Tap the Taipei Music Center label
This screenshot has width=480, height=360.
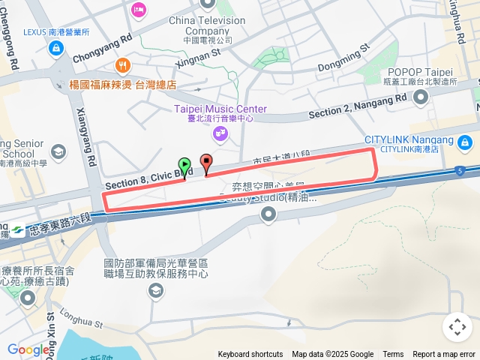[x=220, y=109]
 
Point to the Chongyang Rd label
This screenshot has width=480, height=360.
[x=103, y=46]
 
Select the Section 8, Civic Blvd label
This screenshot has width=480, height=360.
[x=144, y=180]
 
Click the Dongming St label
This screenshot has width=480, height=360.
[x=344, y=58]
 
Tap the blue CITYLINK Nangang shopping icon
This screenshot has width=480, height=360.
[x=465, y=141]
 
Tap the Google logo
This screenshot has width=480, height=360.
[x=28, y=349]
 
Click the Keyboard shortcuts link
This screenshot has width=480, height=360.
[x=250, y=355]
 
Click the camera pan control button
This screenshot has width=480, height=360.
[x=457, y=327]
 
